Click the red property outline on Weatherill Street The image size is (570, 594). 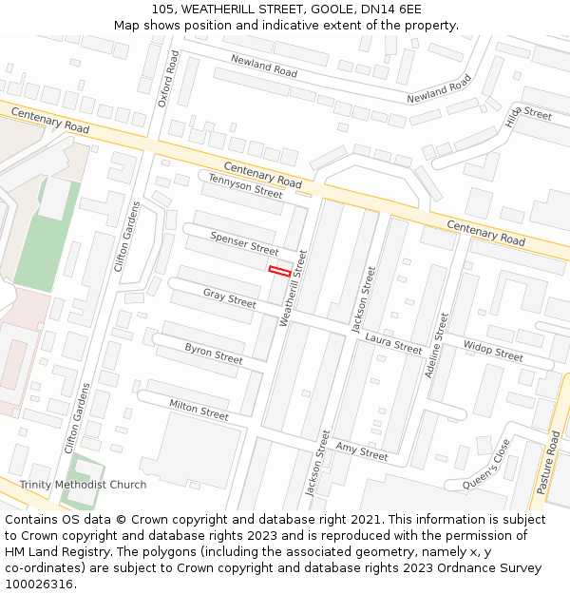(279, 271)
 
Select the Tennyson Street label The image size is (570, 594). (245, 185)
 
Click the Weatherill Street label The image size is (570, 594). (294, 288)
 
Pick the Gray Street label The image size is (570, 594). (229, 298)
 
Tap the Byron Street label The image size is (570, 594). (214, 354)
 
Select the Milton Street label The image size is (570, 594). (199, 410)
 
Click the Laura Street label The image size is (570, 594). (392, 342)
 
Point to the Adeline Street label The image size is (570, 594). (436, 345)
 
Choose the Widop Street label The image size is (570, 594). (493, 351)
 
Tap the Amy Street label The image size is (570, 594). (361, 451)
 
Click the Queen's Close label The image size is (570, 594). (486, 466)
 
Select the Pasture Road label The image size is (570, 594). (548, 462)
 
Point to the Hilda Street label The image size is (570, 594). (528, 115)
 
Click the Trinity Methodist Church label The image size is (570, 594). (83, 485)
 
